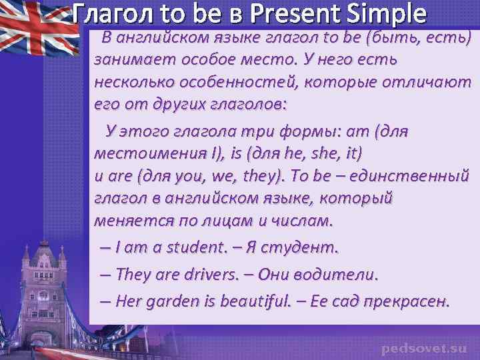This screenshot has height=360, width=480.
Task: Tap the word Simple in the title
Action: click(389, 13)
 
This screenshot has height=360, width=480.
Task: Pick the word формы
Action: click(303, 131)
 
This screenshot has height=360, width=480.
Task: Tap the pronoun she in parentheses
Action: click(324, 154)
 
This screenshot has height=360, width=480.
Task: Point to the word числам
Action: click(300, 220)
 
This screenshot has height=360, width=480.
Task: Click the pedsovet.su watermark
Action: click(424, 348)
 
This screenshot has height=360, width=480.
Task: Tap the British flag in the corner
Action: click(37, 27)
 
